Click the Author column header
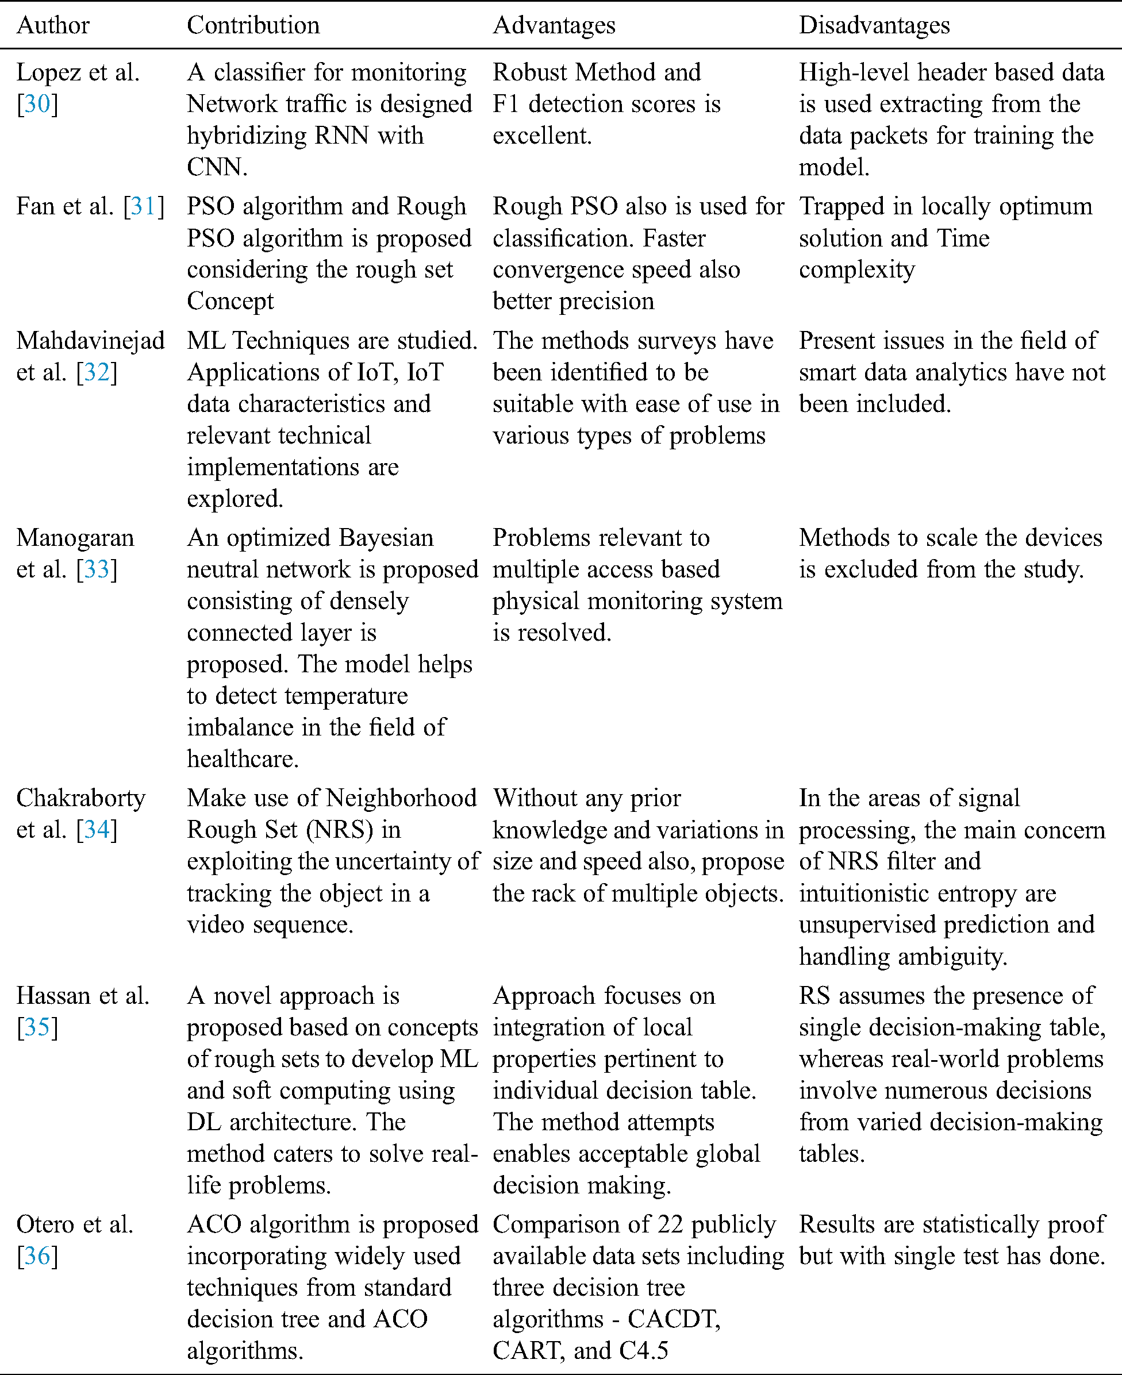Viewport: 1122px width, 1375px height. tap(53, 26)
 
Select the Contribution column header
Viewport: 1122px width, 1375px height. tap(253, 26)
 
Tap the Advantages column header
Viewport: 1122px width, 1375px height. tap(554, 26)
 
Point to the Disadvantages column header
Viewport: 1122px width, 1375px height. tap(874, 26)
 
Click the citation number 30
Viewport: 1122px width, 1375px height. tap(37, 104)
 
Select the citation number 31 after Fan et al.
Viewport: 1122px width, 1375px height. tap(144, 206)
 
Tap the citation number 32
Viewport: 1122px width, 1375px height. tap(97, 372)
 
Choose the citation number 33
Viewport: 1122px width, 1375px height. tap(97, 569)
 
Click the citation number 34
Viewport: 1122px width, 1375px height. tap(97, 830)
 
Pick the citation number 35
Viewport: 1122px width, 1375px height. tap(37, 1027)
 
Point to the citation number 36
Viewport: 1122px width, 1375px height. tap(37, 1256)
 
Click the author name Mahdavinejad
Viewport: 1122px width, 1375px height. tap(90, 341)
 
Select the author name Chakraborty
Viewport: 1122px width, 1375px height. tap(81, 799)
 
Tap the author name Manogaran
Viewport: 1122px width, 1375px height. tap(75, 538)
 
